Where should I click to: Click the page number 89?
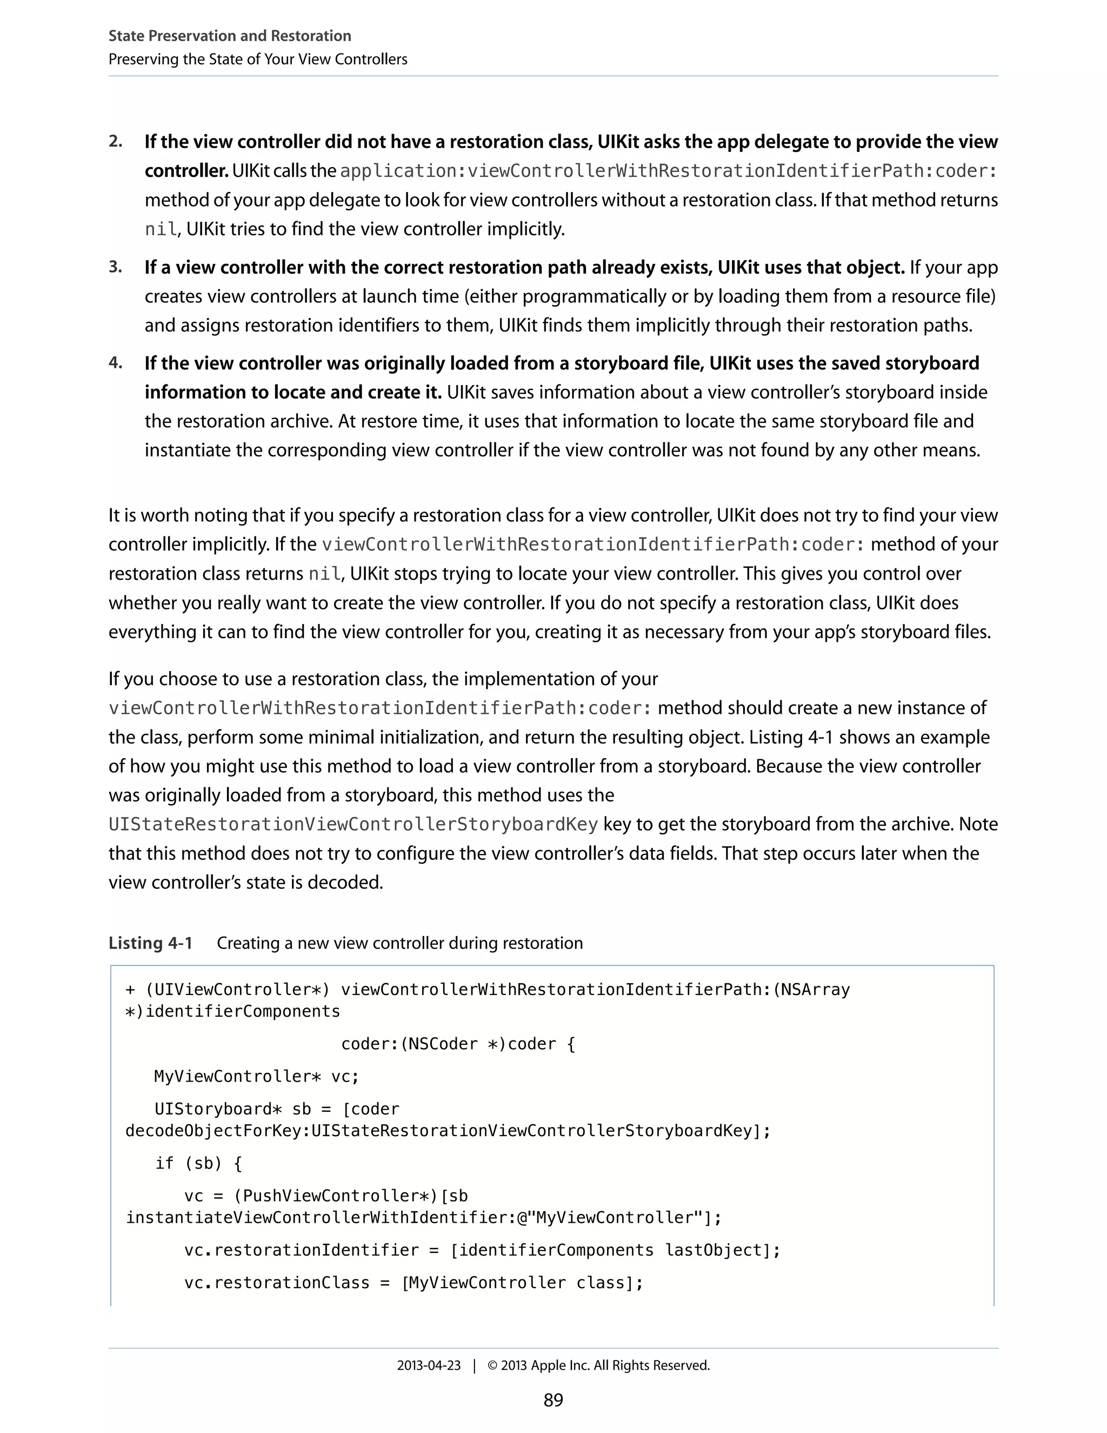[553, 1399]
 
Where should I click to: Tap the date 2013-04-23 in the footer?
[428, 1365]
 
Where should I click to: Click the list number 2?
[116, 142]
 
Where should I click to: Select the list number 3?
[116, 267]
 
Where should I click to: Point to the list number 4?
[116, 363]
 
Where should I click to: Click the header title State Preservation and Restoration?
[230, 36]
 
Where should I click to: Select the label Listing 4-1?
[150, 943]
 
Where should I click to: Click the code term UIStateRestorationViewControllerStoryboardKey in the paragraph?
[353, 824]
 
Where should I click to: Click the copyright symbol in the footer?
[492, 1365]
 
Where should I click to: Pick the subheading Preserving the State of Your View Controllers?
[258, 59]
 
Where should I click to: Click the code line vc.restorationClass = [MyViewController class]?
[413, 1282]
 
